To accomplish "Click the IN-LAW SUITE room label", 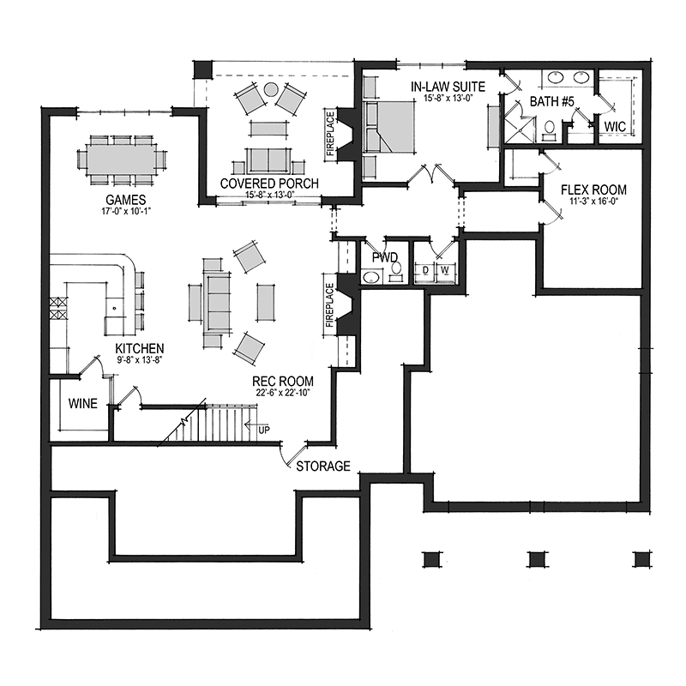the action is click(x=448, y=87).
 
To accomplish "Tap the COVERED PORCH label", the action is click(x=269, y=184).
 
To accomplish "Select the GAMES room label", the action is click(x=125, y=200).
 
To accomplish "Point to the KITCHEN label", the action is click(x=140, y=349).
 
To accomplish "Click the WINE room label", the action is click(x=82, y=403).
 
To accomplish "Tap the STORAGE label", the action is click(x=323, y=466).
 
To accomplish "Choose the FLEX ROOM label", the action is click(x=593, y=190).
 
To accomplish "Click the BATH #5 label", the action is click(x=551, y=101).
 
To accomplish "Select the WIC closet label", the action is click(x=615, y=126).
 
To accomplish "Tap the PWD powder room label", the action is click(x=385, y=257).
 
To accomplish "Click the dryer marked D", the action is click(x=425, y=271).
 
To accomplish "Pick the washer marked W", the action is click(x=445, y=271).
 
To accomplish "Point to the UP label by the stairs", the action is click(x=264, y=430).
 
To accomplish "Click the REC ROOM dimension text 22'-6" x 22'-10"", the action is click(x=283, y=393).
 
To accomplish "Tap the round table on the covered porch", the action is click(x=271, y=89).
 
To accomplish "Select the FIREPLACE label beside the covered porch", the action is click(x=330, y=134).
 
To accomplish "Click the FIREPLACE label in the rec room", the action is click(x=329, y=305).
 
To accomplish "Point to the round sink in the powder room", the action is click(x=371, y=278).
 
